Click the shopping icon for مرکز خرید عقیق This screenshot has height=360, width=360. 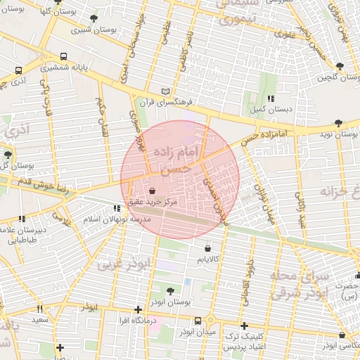pyautogui.click(x=153, y=191)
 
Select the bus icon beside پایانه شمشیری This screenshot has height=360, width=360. pyautogui.click(x=64, y=56)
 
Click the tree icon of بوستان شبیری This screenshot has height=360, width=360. pyautogui.click(x=94, y=18)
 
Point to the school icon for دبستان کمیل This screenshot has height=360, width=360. pyautogui.click(x=271, y=98)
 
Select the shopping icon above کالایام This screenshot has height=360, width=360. pyautogui.click(x=207, y=248)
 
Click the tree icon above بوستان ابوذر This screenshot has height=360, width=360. pyautogui.click(x=171, y=290)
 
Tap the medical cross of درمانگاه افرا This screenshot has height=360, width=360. pyautogui.click(x=139, y=309)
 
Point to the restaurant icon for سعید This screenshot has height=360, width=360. pyautogui.click(x=39, y=309)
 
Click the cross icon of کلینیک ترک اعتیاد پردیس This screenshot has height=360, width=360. pyautogui.click(x=243, y=326)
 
